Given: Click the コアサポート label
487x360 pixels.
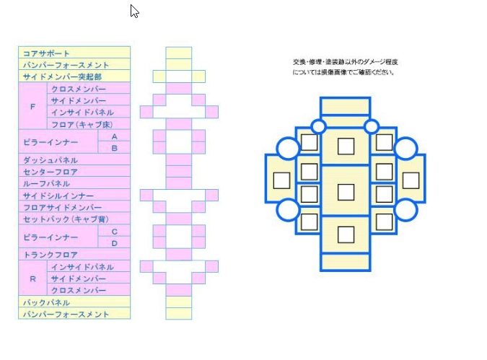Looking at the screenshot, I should (47, 53).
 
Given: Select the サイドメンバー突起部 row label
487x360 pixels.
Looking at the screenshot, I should (62, 76).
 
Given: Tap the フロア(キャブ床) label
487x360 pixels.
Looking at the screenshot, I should (82, 124).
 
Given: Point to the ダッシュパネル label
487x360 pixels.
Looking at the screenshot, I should (51, 160).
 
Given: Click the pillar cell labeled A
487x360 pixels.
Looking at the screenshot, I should (114, 136).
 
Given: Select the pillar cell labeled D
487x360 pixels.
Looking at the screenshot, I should (114, 243).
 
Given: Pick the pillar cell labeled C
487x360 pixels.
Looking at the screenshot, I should (114, 231).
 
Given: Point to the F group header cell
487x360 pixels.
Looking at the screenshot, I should (32, 106).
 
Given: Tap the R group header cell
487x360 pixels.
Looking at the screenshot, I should (32, 278).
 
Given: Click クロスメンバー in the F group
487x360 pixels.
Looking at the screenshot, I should (78, 89).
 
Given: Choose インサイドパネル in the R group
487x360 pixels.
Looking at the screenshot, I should (82, 267).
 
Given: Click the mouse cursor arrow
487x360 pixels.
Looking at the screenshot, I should (134, 11).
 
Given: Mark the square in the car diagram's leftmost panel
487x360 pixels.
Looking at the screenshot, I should (281, 180).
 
